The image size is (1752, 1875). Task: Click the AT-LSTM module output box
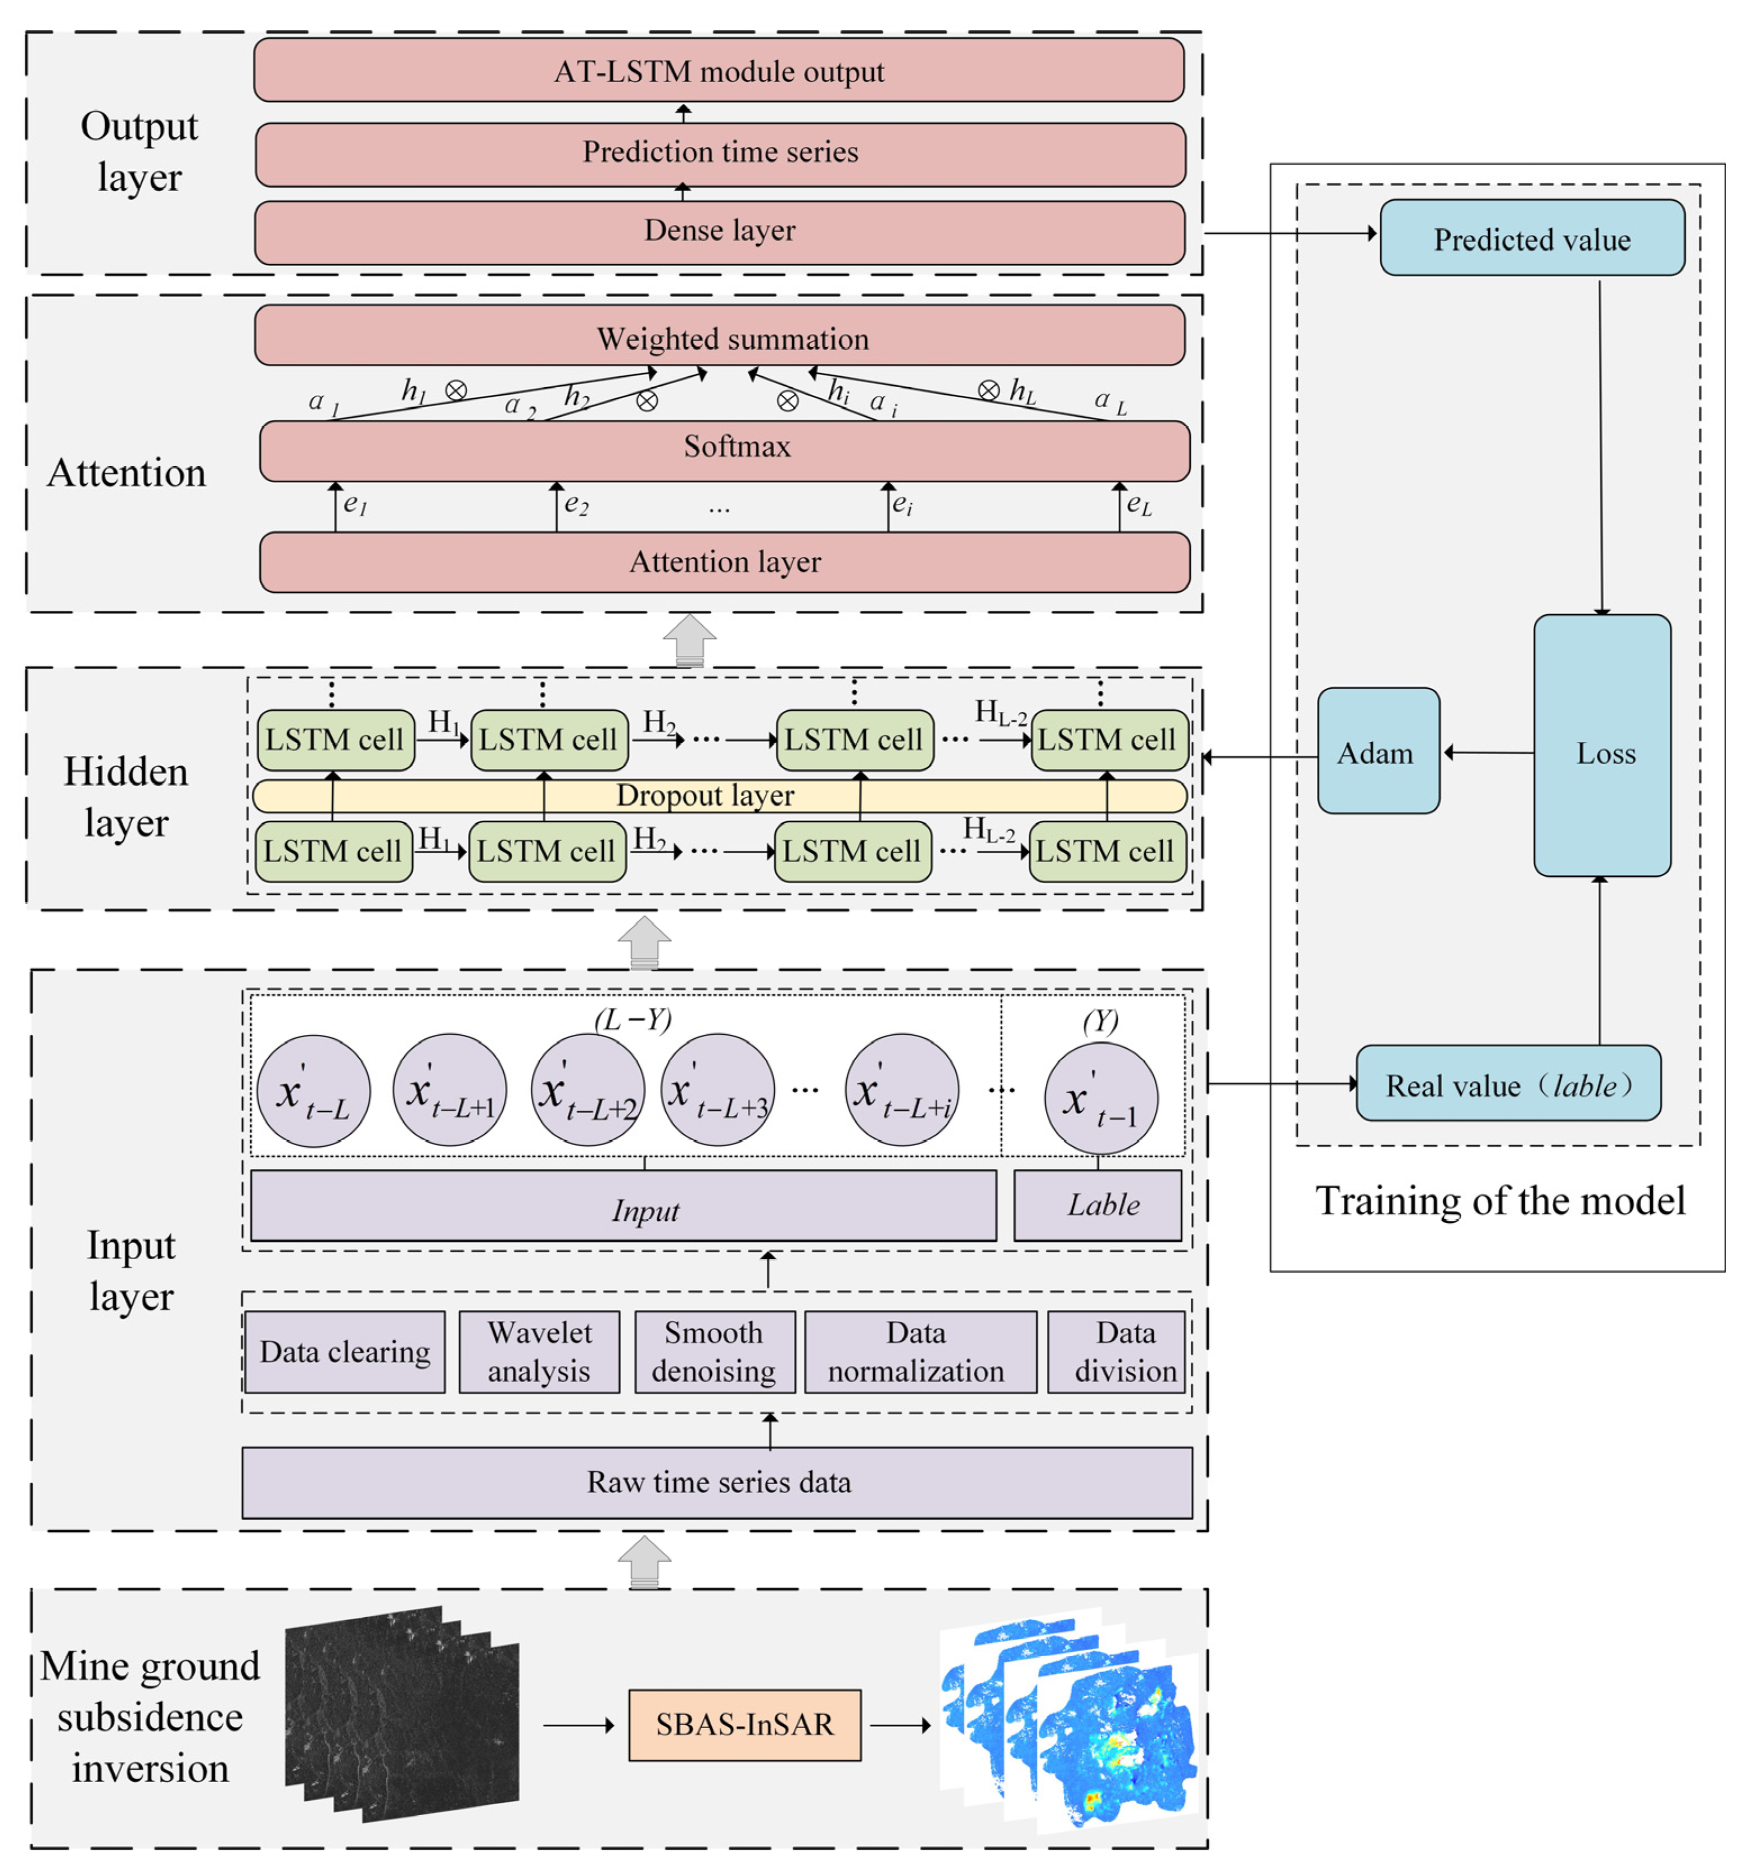(x=719, y=70)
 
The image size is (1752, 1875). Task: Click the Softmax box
(x=724, y=450)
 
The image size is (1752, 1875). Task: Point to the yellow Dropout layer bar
(x=719, y=795)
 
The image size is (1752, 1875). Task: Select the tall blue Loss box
(x=1601, y=745)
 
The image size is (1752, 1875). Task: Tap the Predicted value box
(x=1532, y=238)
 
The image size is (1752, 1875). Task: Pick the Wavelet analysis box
(x=539, y=1351)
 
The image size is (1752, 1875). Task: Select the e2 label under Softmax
(x=575, y=504)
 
